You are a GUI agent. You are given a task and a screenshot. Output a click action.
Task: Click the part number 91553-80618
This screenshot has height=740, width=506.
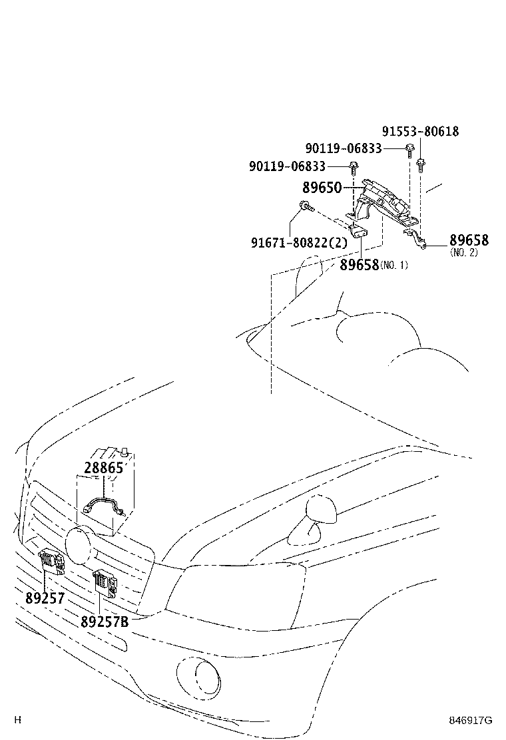(x=420, y=132)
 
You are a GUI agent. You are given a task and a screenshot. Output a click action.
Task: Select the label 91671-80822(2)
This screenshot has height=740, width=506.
(x=299, y=243)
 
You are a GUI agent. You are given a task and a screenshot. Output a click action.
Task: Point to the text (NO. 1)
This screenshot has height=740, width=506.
(x=394, y=266)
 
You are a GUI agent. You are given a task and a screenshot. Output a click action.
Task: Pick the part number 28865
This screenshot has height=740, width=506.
(x=104, y=467)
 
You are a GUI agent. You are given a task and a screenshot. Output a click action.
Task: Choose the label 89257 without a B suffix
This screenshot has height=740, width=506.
(x=45, y=598)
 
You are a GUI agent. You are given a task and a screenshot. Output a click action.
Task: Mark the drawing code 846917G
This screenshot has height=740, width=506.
(x=469, y=720)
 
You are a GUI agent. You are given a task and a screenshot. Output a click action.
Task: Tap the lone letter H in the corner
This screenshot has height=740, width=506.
(x=18, y=719)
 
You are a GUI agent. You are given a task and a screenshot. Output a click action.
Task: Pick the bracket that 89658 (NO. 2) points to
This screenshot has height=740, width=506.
(x=415, y=240)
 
